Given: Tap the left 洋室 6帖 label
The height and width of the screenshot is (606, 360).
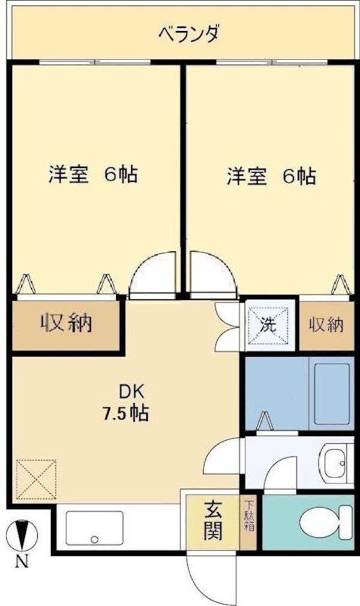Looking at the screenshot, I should point(93,175).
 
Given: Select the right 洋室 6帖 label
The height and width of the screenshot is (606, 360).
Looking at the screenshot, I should point(271,176).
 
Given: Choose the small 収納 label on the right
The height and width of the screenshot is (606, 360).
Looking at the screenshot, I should point(326,325).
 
